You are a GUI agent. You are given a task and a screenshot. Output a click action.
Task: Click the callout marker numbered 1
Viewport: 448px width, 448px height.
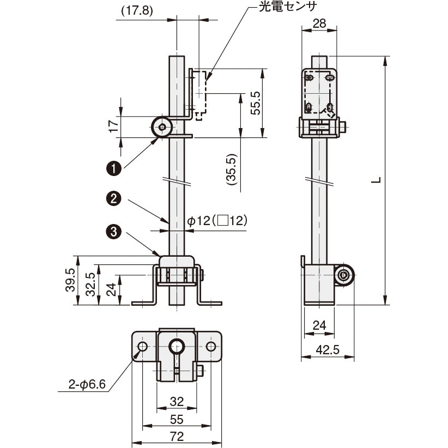(113, 169)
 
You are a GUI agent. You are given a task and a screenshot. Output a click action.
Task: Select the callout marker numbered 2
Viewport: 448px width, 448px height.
(113, 199)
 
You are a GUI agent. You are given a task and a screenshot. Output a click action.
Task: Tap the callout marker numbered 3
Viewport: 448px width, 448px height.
(113, 232)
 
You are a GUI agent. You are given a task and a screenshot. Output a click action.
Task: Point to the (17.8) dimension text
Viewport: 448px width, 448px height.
(134, 10)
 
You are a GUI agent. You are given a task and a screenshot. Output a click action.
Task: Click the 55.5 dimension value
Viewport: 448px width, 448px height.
(255, 102)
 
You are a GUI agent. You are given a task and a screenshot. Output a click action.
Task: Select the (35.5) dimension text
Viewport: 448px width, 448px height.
(232, 171)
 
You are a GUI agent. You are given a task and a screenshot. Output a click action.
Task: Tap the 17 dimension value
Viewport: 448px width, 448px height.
(113, 127)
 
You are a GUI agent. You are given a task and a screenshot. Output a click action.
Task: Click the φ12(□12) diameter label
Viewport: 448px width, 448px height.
(217, 221)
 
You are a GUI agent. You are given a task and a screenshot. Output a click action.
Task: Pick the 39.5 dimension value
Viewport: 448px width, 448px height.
(70, 280)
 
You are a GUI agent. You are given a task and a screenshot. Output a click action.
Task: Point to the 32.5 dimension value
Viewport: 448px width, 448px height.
(90, 284)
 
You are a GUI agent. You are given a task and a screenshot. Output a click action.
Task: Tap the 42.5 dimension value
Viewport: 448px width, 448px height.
(327, 350)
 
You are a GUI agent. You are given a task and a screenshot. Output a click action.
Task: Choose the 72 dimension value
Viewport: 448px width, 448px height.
(177, 436)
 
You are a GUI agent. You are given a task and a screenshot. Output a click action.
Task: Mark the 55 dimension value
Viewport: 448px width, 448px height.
(177, 419)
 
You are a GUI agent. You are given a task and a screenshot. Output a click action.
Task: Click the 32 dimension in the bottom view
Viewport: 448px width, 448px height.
(177, 402)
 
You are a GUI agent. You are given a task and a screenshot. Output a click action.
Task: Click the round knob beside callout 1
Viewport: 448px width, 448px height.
(162, 128)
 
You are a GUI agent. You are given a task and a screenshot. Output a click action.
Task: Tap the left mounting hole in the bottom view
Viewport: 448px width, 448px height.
(143, 347)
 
